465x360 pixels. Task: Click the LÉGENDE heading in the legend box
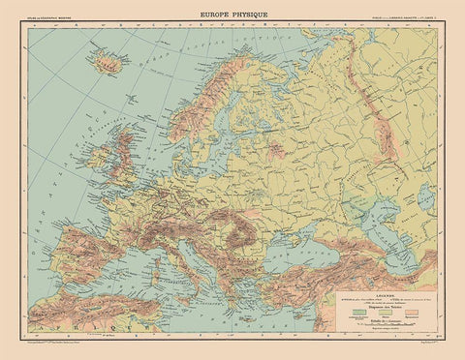pyautogui.click(x=391, y=296)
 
